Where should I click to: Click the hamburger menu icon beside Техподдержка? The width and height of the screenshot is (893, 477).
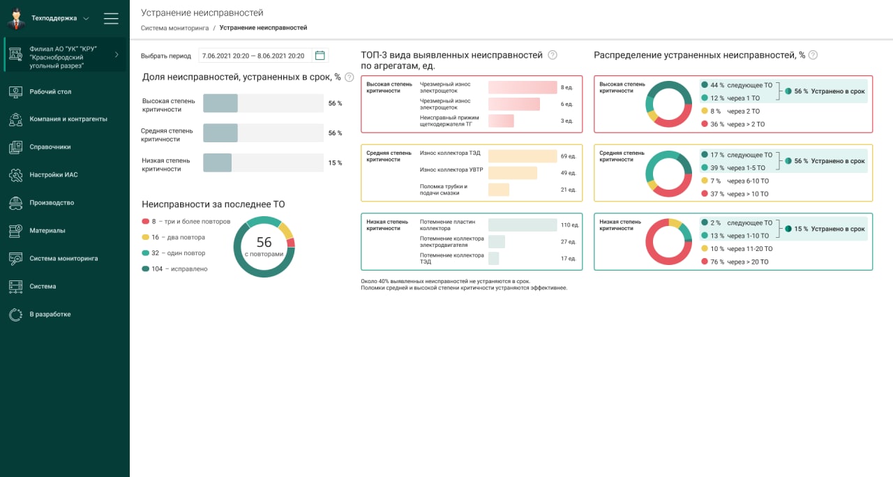pyautogui.click(x=111, y=18)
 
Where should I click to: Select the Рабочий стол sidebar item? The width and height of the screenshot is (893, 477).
pyautogui.click(x=50, y=91)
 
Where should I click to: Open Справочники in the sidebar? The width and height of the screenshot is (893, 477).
pyautogui.click(x=50, y=147)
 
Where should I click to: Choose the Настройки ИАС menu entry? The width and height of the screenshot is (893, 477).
pyautogui.click(x=53, y=175)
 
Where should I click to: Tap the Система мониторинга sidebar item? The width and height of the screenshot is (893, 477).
pyautogui.click(x=63, y=259)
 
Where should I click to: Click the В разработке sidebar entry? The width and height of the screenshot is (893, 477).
pyautogui.click(x=50, y=315)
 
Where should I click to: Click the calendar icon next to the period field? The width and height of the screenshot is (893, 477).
pyautogui.click(x=320, y=56)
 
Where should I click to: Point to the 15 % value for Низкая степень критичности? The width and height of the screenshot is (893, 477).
pyautogui.click(x=335, y=163)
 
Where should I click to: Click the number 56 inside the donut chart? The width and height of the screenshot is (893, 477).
pyautogui.click(x=264, y=242)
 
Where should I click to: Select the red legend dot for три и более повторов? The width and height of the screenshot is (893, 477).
pyautogui.click(x=145, y=222)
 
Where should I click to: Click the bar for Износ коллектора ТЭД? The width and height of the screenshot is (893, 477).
pyautogui.click(x=523, y=156)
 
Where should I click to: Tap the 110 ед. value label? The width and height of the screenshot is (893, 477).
pyautogui.click(x=570, y=225)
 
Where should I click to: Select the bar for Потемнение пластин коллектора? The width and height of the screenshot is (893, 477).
pyautogui.click(x=523, y=225)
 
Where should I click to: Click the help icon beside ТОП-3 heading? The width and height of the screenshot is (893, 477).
pyautogui.click(x=553, y=55)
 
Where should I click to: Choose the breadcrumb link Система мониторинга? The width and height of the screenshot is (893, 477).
pyautogui.click(x=174, y=28)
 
